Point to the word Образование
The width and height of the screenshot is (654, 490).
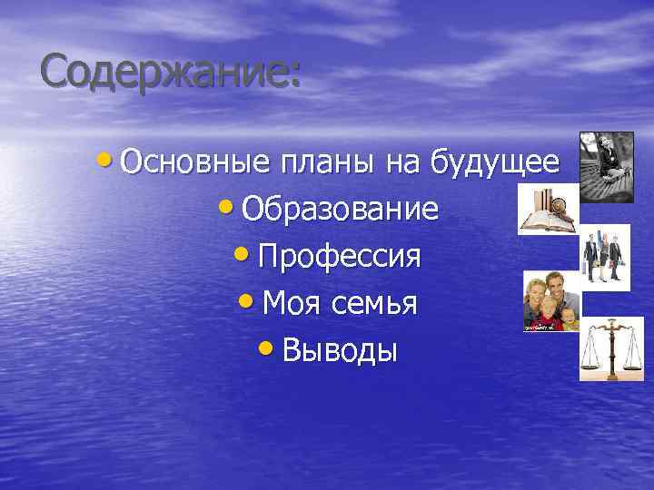340,210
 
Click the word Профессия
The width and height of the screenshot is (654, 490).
339,257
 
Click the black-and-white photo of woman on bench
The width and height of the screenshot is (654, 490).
608,167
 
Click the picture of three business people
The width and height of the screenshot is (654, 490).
605,258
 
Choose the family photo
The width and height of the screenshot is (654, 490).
550,302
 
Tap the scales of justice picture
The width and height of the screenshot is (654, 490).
611,348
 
